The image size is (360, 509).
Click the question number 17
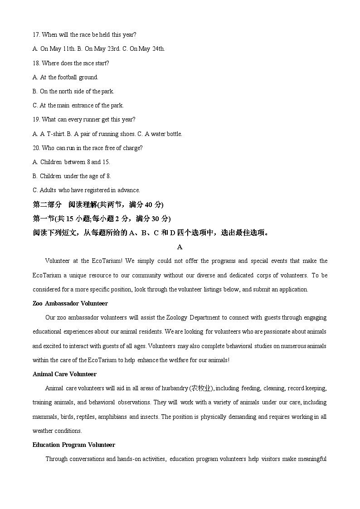(x=36, y=34)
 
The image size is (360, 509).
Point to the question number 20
(x=36, y=148)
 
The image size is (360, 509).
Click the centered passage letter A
(x=180, y=247)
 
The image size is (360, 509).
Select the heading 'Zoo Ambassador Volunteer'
(x=70, y=303)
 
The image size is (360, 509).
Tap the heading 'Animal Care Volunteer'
(x=64, y=374)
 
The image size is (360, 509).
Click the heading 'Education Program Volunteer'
(x=73, y=445)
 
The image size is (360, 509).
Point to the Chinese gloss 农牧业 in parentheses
(x=201, y=388)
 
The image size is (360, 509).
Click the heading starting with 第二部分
(x=98, y=204)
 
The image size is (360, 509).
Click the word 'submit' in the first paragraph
(x=261, y=289)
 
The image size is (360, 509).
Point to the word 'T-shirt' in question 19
(x=56, y=134)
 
